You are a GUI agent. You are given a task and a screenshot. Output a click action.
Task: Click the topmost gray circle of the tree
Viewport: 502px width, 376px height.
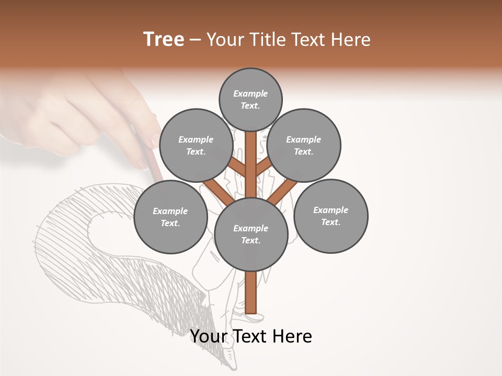click(250, 99)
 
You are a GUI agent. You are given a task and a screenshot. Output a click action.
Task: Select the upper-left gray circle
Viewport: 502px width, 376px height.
click(196, 146)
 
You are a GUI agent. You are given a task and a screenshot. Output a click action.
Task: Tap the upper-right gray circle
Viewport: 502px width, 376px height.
click(304, 146)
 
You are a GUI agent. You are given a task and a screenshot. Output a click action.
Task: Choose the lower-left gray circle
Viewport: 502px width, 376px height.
click(170, 217)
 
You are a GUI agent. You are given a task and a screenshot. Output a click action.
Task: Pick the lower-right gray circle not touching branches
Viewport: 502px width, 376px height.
click(330, 216)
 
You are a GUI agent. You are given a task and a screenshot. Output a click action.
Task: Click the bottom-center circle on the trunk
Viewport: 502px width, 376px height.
click(251, 234)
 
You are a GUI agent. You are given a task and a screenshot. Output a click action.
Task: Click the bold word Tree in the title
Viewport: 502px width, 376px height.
click(164, 39)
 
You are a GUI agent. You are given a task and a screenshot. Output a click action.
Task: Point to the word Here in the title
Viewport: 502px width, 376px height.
click(351, 40)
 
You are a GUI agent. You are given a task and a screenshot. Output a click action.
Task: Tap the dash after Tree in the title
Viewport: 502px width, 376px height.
click(195, 40)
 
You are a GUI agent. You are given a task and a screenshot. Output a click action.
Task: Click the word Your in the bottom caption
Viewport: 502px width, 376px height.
click(209, 336)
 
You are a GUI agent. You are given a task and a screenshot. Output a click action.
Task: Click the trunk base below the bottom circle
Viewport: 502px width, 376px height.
click(250, 292)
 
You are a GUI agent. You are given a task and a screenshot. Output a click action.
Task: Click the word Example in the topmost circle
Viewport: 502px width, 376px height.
click(250, 93)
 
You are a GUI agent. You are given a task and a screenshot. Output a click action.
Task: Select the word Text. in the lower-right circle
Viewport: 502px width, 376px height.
click(330, 222)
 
